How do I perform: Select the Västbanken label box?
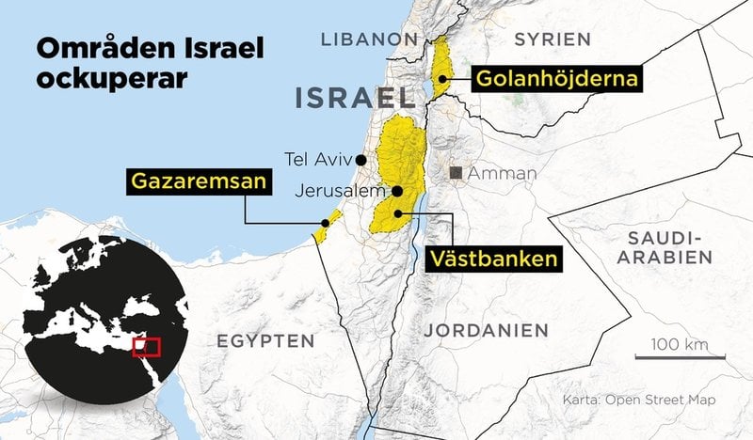(x=493, y=258)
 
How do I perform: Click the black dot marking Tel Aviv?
(x=360, y=159)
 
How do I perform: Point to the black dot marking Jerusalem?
(x=397, y=191)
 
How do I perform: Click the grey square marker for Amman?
(x=457, y=173)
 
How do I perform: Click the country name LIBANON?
(x=368, y=39)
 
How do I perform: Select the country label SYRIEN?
(x=553, y=39)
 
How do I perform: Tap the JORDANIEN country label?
(x=486, y=330)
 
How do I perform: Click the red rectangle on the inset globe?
(x=146, y=346)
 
